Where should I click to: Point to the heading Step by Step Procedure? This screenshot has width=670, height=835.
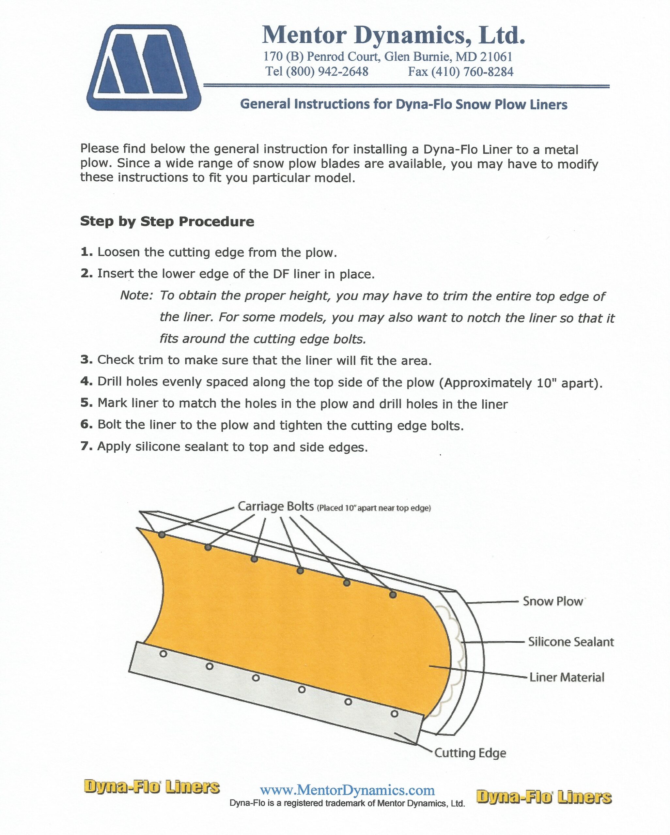pos(167,221)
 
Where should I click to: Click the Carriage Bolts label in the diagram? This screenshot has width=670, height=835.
pos(275,506)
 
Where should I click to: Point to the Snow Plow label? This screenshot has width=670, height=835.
pos(553,601)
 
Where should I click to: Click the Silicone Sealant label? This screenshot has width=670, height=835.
pos(571,642)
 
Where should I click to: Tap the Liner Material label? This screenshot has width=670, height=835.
pos(567,677)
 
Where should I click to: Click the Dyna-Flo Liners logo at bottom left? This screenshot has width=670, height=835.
pos(152,787)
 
